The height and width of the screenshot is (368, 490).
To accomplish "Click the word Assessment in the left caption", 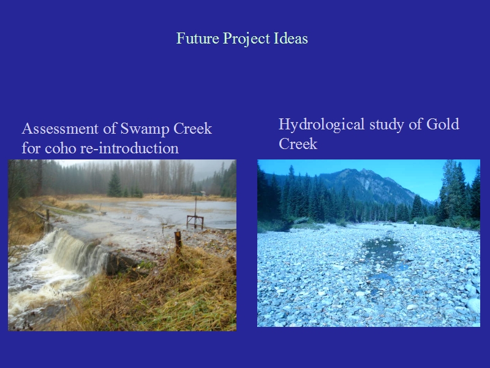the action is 60,129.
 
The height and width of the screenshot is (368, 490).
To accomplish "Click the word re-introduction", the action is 129,148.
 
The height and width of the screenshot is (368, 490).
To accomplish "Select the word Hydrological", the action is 322,125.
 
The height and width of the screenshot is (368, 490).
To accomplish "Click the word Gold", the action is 443,124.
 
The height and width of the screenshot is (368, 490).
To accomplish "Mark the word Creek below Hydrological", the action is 298,144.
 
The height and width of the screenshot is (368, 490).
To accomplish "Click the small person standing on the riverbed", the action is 415,224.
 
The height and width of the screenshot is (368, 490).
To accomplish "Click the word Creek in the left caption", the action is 192,129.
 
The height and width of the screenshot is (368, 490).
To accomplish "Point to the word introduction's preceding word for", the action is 31,148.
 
